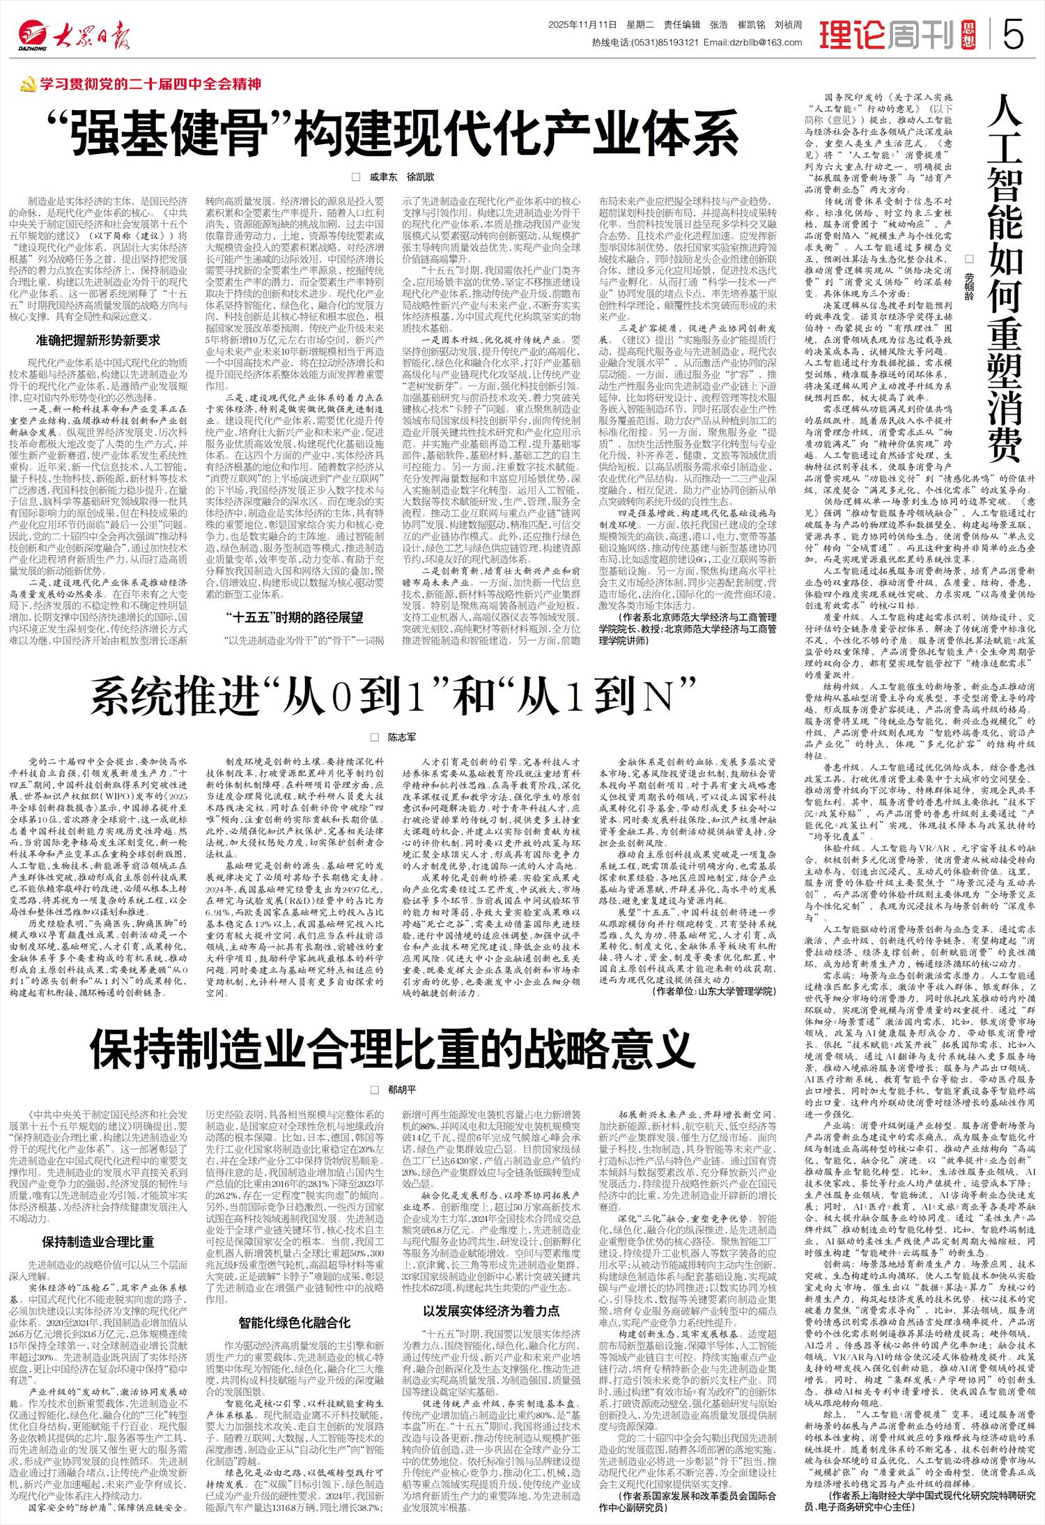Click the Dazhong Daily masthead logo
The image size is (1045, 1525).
(x=74, y=33)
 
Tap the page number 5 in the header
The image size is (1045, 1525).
(x=1014, y=33)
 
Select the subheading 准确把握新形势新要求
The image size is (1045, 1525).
(x=98, y=340)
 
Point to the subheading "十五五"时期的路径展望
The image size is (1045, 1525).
(x=295, y=617)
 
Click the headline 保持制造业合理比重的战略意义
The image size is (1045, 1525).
(x=392, y=1047)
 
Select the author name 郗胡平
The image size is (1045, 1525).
(x=401, y=1090)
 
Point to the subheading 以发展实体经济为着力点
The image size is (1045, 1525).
(x=491, y=1310)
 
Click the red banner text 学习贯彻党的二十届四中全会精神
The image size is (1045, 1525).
(x=150, y=84)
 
